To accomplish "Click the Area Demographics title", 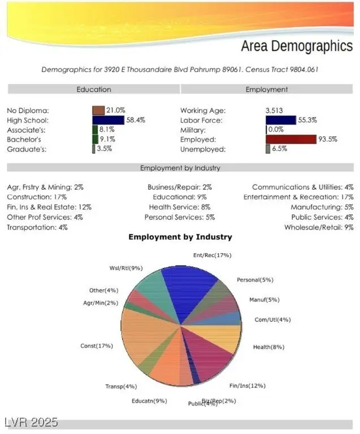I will (x=296, y=46).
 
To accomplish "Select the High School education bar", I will (x=108, y=120).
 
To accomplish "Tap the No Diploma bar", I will (x=98, y=110).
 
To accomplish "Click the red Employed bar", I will (x=291, y=139).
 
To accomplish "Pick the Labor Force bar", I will (x=281, y=120).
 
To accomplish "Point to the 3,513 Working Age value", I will (x=274, y=110).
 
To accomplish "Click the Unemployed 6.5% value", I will (x=280, y=149).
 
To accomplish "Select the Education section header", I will (x=94, y=89).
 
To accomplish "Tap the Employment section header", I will (x=266, y=89).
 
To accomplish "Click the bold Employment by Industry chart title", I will (x=180, y=237).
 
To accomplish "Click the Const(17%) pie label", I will (x=97, y=345).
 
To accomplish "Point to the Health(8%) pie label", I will (x=268, y=346).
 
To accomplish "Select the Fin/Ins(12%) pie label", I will (x=247, y=385).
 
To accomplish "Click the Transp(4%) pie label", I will (x=121, y=387).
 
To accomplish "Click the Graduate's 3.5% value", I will (x=104, y=149).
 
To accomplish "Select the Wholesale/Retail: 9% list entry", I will (x=319, y=227).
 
